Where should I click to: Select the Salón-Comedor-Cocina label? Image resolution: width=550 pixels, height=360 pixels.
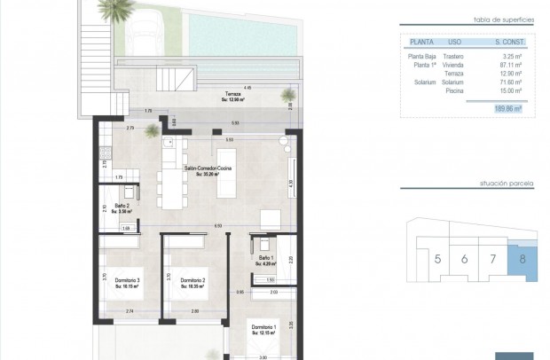point(208,168)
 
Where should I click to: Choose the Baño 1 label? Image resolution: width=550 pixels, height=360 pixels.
point(266,259)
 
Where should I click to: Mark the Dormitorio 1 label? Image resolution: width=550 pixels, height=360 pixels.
point(263,328)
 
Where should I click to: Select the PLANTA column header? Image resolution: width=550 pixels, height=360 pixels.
point(420,42)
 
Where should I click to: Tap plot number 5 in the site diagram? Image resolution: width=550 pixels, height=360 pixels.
point(437,259)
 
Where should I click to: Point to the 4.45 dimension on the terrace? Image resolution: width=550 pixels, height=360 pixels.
point(247,88)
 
